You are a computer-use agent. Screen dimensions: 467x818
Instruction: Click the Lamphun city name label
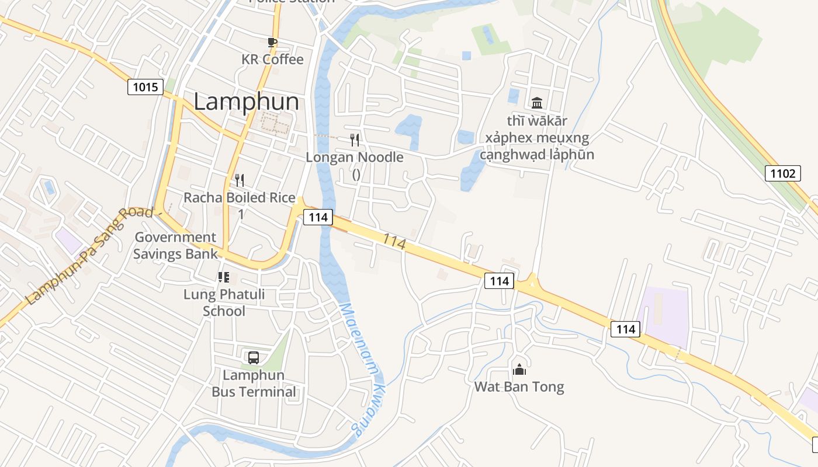(x=246, y=102)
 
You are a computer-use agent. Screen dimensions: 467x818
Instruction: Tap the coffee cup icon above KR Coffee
(x=272, y=42)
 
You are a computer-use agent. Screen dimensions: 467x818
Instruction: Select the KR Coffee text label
(x=272, y=60)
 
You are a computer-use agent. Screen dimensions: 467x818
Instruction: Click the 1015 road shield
(x=145, y=88)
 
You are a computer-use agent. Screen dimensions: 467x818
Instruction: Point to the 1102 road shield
(x=783, y=173)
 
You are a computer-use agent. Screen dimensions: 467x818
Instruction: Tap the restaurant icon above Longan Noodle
(x=355, y=140)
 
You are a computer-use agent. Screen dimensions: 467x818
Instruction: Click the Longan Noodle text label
(x=355, y=158)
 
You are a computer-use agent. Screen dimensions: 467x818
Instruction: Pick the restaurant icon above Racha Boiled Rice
(x=239, y=179)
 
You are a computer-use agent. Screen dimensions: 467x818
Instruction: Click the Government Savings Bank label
(x=175, y=245)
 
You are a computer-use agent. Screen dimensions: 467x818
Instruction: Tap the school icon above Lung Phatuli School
(x=224, y=277)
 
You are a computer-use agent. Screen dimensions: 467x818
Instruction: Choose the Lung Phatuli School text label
(x=224, y=302)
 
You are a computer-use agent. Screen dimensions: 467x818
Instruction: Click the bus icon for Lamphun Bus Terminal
(x=254, y=358)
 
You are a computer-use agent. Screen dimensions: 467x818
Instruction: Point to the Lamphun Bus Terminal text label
(x=254, y=384)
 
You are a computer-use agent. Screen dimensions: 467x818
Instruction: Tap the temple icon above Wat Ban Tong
(x=519, y=369)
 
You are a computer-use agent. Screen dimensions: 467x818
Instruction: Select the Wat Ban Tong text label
(x=519, y=387)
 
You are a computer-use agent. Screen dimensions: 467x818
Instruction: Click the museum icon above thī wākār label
(x=537, y=103)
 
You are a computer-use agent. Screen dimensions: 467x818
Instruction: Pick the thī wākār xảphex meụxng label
(x=537, y=138)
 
